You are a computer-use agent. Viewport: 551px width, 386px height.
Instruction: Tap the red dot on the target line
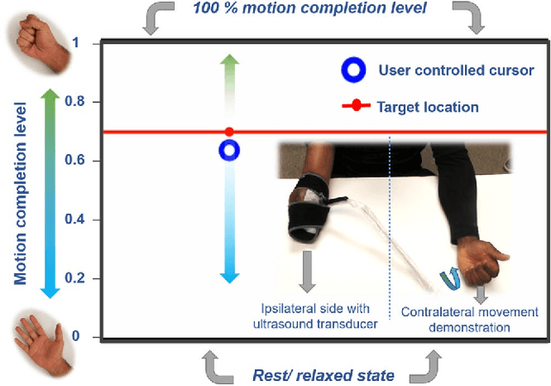point(229,132)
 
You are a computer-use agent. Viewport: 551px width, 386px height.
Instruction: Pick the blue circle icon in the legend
point(350,69)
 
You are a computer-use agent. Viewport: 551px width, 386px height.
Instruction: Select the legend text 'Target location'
point(427,108)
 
